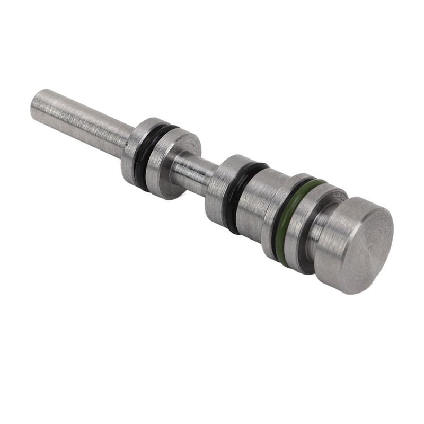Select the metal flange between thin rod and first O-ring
135,151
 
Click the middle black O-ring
235,196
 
